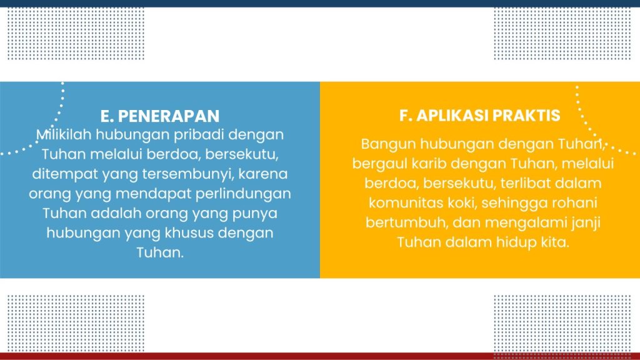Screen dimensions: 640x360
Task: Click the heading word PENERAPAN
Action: pyautogui.click(x=169, y=116)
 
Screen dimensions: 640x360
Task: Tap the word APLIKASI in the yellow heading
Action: pyautogui.click(x=452, y=116)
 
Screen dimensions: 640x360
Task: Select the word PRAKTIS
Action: pyautogui.click(x=526, y=116)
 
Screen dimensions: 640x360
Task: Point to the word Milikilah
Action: pyautogui.click(x=64, y=135)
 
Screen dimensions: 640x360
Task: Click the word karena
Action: pyautogui.click(x=263, y=174)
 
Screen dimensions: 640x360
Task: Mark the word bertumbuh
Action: pyautogui.click(x=406, y=222)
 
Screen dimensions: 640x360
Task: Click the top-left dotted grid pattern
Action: pyautogui.click(x=76, y=34)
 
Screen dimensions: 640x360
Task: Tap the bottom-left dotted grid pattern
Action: pyautogui.click(x=76, y=323)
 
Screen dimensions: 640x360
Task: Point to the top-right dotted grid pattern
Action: pyautogui.click(x=562, y=34)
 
